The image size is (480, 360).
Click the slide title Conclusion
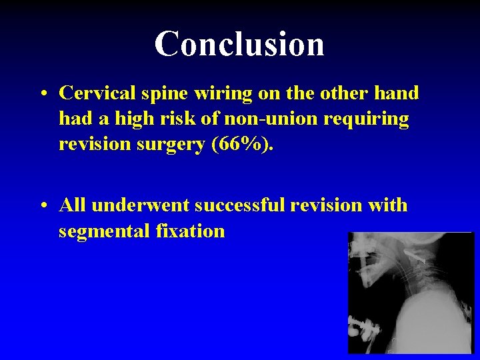(239, 43)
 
